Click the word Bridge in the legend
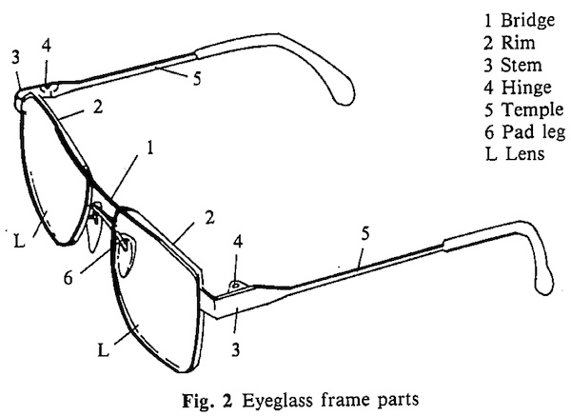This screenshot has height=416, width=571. point(527,20)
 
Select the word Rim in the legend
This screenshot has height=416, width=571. point(519,43)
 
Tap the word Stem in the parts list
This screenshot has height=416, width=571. point(522,65)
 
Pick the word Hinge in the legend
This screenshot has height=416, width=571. point(526,88)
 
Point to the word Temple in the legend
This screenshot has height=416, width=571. point(532,110)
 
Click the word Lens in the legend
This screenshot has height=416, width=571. point(525,153)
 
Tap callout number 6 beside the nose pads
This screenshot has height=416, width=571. point(69,278)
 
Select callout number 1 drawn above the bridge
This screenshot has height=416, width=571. point(150,148)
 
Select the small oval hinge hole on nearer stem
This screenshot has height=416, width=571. point(236,284)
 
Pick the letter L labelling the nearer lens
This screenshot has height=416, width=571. point(104,351)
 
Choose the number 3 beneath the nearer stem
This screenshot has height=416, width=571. point(236,349)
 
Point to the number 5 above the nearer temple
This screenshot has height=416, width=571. point(365,233)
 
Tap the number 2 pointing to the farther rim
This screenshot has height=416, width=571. point(98,108)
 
